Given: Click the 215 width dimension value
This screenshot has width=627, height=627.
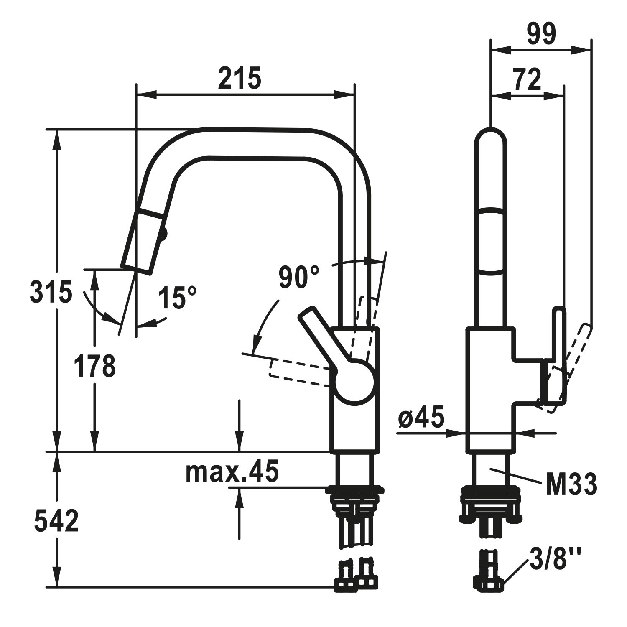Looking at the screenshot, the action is pos(240,78).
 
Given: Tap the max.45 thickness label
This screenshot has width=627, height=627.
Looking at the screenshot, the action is pos(232,472).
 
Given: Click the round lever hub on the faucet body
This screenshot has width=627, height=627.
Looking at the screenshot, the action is pos(354,382).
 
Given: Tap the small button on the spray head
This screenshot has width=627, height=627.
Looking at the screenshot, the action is pos(164,234).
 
